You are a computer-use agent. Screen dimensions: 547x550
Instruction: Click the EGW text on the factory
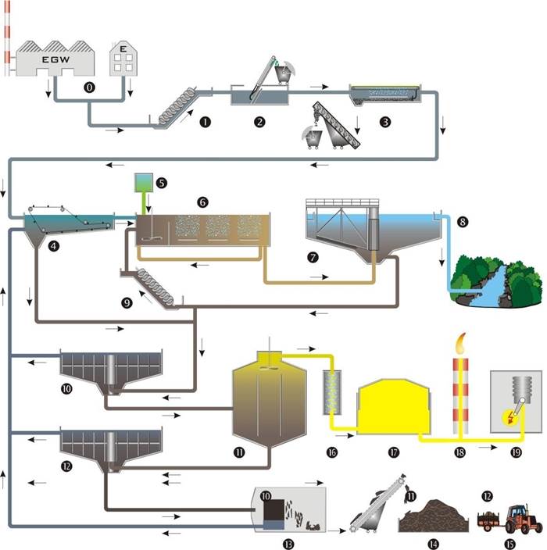click(55, 59)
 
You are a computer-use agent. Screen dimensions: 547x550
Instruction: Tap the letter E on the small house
click(123, 48)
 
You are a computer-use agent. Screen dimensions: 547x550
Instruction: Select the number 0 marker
click(89, 87)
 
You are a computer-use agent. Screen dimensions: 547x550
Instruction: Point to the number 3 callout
click(385, 122)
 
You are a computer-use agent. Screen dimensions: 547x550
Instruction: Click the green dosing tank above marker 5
click(144, 183)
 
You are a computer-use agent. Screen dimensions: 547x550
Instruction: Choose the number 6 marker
click(202, 202)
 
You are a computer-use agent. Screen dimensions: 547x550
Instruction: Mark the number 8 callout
click(463, 222)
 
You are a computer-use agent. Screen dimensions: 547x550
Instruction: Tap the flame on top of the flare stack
click(461, 343)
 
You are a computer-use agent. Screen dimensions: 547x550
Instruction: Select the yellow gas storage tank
click(393, 407)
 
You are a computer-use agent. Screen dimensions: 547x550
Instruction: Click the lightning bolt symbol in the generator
click(509, 417)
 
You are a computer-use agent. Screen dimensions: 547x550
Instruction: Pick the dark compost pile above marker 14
click(434, 516)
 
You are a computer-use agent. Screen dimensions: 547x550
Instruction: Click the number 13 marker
click(288, 544)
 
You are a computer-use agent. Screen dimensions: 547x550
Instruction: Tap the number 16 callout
click(332, 452)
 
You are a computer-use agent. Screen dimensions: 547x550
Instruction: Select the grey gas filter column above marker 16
click(332, 392)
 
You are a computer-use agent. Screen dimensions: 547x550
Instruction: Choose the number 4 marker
click(53, 246)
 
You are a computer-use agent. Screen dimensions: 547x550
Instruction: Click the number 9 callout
click(127, 302)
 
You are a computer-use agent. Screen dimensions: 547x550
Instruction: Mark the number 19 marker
click(516, 452)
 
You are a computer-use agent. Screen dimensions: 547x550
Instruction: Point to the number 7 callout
click(313, 258)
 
